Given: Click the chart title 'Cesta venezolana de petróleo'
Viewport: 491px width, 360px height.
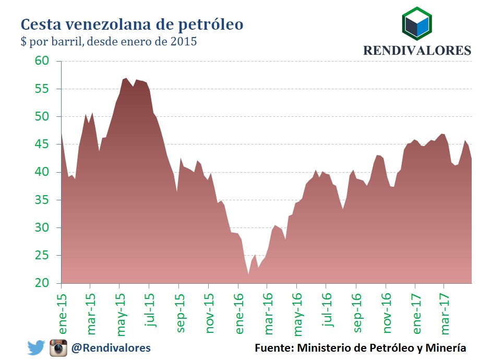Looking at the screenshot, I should point(131,25).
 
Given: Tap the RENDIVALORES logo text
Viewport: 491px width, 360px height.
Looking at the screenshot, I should point(417,51).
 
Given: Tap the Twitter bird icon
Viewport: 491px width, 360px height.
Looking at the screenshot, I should point(37,347).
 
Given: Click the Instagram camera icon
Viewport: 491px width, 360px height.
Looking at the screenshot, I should point(59,347).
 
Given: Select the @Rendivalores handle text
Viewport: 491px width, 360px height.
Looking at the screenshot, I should point(112,347).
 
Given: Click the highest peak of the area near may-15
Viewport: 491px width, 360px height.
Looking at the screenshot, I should point(126,78).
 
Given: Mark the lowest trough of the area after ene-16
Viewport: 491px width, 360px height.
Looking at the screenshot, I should point(248,274).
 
